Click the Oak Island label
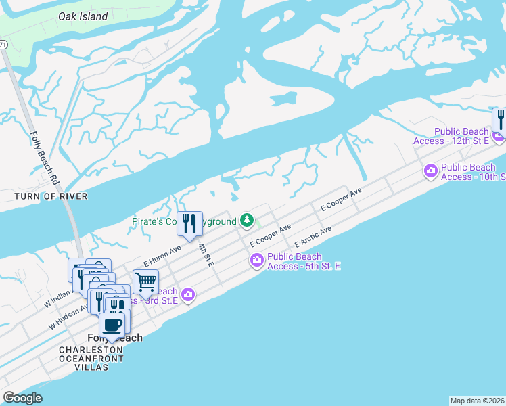tap(83, 16)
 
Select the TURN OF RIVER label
tap(51, 196)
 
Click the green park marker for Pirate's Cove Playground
tap(248, 221)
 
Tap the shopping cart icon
tap(145, 281)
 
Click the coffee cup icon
tap(112, 325)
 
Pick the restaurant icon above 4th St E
tap(189, 223)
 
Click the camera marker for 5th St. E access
tap(256, 259)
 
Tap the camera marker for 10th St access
tap(430, 172)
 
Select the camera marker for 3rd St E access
tap(188, 294)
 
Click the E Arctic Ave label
tap(313, 238)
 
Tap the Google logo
tap(22, 398)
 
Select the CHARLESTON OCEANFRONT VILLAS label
tap(91, 359)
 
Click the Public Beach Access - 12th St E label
tap(452, 136)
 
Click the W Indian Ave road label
tap(58, 300)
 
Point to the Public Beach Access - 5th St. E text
tap(303, 261)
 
